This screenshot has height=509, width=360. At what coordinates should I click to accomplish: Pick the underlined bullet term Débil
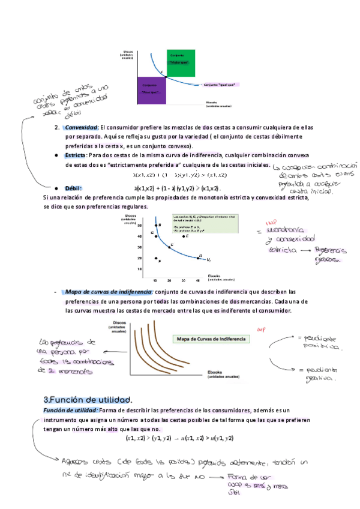point(73,188)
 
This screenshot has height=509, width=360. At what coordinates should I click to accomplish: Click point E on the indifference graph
point(184,236)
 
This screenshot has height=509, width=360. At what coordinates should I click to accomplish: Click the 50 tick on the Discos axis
point(140,226)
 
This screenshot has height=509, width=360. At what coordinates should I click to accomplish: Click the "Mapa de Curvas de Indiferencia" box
point(211,339)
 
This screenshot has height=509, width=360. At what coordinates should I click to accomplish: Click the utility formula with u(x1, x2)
point(179,439)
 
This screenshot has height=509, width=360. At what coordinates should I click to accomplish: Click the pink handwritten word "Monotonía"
point(293,230)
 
